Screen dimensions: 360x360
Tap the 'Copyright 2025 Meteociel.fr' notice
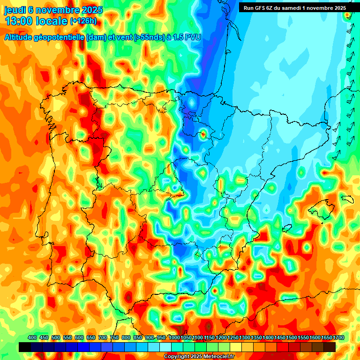coord(199,357)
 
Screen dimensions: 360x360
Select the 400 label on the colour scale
coord(32,338)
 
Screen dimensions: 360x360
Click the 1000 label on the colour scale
coord(174,338)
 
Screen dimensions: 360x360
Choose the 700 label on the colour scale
coord(103,338)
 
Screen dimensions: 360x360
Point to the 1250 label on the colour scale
coord(232,338)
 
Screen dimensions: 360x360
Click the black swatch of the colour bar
coord(25,347)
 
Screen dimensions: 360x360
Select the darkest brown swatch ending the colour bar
coord(330,347)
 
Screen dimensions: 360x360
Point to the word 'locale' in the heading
coord(52,21)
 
